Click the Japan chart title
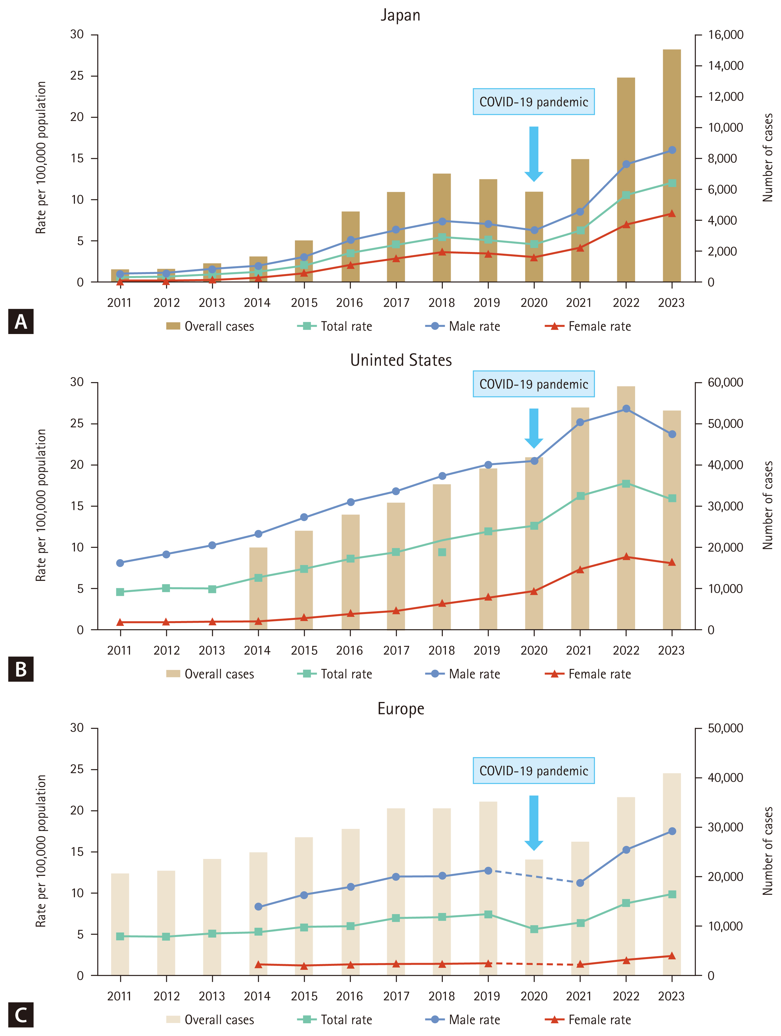coord(400,15)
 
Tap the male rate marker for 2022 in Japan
coord(626,164)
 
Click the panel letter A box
coord(21,321)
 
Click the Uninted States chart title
coord(401,360)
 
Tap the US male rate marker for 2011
coord(120,563)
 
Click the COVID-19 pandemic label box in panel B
coord(534,384)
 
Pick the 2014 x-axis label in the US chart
coord(257,651)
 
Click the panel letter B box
coord(21,669)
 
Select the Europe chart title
coord(401,708)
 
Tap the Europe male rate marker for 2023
coord(672,831)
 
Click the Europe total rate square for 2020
coord(534,929)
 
